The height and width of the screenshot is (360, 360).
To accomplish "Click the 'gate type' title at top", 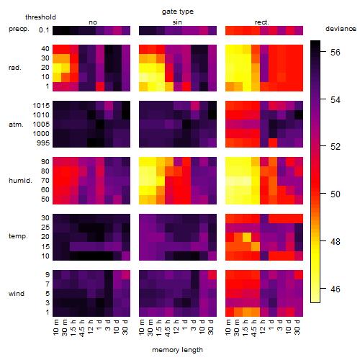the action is tap(178, 12).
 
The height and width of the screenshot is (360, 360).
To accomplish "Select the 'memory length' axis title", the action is tap(177, 350).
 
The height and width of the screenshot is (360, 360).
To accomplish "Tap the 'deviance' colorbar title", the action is tap(341, 29).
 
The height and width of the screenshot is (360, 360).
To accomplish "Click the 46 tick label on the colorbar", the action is tap(336, 289).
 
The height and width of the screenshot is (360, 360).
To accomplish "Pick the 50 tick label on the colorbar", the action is tap(336, 194).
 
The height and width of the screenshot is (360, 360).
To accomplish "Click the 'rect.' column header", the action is tap(262, 22).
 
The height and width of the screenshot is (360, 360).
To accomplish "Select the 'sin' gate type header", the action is tap(177, 22).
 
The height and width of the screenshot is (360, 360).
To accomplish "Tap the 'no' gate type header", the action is tap(93, 22).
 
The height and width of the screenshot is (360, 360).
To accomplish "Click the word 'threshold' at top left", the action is tap(40, 17).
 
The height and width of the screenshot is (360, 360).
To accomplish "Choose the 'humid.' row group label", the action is tap(20, 181).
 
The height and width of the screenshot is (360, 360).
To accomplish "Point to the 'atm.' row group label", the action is tap(16, 125).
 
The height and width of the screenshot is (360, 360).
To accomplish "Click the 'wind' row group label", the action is tap(17, 294).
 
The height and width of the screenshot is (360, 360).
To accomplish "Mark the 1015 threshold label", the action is tap(41, 106).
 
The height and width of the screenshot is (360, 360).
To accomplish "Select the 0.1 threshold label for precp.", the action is tap(44, 30).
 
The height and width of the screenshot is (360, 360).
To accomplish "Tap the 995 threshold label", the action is tap(43, 143).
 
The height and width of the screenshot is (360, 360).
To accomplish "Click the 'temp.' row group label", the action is tap(18, 236).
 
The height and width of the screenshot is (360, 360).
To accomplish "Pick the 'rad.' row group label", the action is tap(15, 68).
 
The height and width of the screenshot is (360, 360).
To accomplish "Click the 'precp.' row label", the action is tap(19, 29).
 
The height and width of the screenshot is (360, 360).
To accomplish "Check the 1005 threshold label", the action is tap(41, 125).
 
